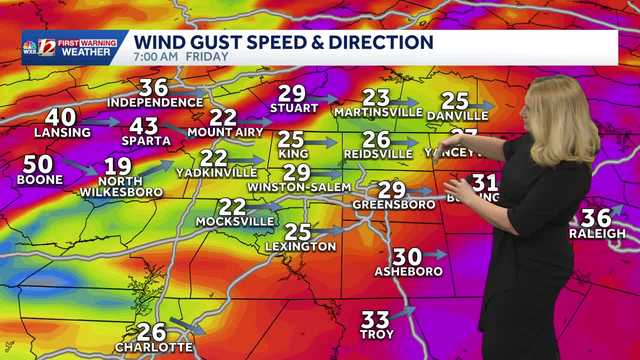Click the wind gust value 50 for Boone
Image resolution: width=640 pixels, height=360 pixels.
(x=38, y=164)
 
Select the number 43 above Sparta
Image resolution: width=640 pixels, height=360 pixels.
(x=144, y=126)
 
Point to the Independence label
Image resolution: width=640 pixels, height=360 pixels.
(x=155, y=102)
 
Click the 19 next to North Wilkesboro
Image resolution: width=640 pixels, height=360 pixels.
(x=117, y=166)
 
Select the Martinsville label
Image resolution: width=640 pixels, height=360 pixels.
(x=379, y=112)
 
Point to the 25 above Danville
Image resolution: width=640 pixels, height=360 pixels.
(x=455, y=100)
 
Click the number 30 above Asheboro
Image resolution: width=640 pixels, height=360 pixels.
(x=407, y=256)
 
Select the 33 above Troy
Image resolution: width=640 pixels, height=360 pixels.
(x=375, y=319)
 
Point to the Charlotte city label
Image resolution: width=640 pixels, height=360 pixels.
(x=153, y=347)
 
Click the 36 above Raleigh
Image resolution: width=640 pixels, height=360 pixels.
(x=596, y=217)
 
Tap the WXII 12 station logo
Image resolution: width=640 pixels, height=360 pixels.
(x=37, y=46)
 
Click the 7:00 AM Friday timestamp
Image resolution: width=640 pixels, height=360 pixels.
(x=181, y=57)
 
